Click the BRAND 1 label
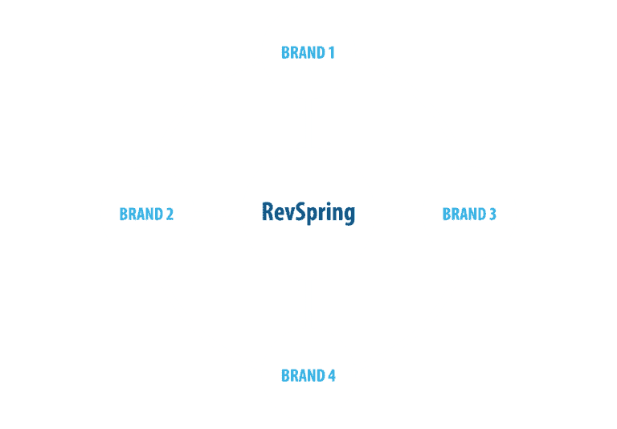click(x=308, y=53)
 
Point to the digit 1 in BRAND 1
click(x=331, y=53)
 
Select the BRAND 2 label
click(x=146, y=214)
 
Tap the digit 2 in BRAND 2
click(x=170, y=214)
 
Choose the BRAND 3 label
click(x=469, y=214)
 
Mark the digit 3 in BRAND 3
click(x=492, y=214)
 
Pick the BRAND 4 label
click(x=308, y=376)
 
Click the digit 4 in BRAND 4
click(x=331, y=376)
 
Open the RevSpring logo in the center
click(x=308, y=213)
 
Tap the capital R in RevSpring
click(x=268, y=211)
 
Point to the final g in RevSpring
click(x=348, y=215)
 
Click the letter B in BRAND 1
click(x=285, y=53)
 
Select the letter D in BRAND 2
click(x=157, y=214)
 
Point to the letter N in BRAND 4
click(x=311, y=376)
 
